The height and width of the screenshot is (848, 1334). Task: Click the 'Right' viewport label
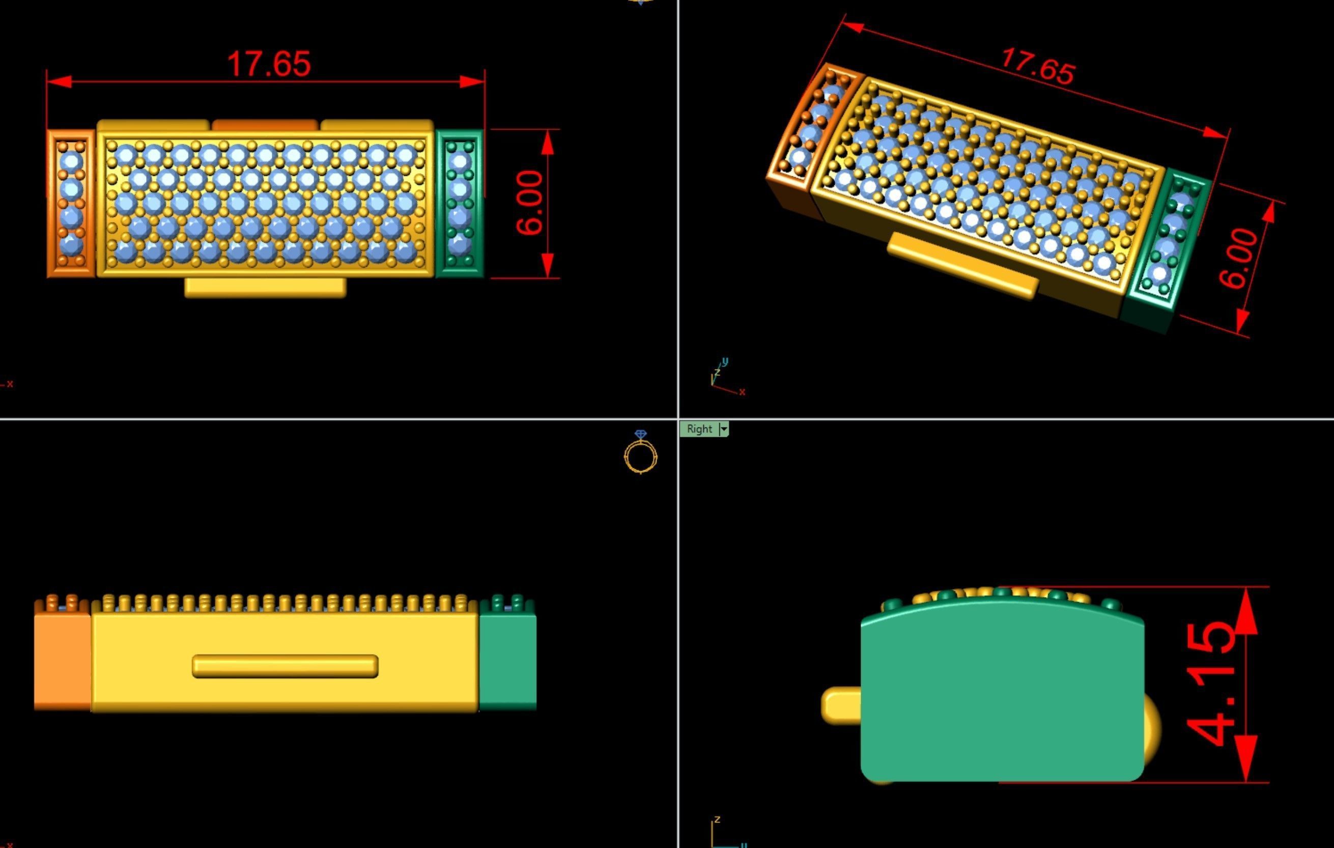pyautogui.click(x=699, y=429)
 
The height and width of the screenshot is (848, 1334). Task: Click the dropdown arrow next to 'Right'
pyautogui.click(x=724, y=429)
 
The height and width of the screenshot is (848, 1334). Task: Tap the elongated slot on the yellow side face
pyautogui.click(x=285, y=666)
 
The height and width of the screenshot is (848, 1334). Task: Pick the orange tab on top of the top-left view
pyautogui.click(x=265, y=125)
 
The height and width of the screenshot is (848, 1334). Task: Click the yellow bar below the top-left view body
pyautogui.click(x=265, y=287)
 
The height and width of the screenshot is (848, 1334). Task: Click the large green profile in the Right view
pyautogui.click(x=1002, y=698)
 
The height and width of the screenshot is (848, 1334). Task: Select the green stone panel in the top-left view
pyautogui.click(x=459, y=203)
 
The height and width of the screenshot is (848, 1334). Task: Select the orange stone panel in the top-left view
pyautogui.click(x=71, y=203)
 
